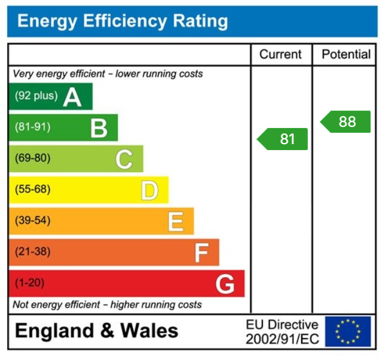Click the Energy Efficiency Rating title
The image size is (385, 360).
click(x=123, y=22)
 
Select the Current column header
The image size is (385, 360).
click(x=280, y=54)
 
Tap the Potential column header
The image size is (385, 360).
click(x=346, y=54)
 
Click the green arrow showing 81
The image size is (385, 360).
click(x=283, y=139)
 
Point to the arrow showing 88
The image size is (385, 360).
click(x=346, y=122)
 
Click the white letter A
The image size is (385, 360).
click(x=72, y=96)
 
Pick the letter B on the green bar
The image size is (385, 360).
click(x=99, y=127)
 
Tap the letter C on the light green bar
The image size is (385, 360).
click(x=124, y=159)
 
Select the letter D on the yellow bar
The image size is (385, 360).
click(x=149, y=190)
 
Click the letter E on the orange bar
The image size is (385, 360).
click(x=175, y=221)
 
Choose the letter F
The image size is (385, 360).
click(x=201, y=252)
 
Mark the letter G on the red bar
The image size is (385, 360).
click(x=225, y=283)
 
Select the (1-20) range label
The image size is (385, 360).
click(x=29, y=283)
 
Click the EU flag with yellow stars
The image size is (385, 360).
click(x=348, y=331)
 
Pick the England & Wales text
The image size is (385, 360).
click(x=96, y=331)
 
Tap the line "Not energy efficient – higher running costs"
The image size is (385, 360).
click(x=107, y=304)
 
